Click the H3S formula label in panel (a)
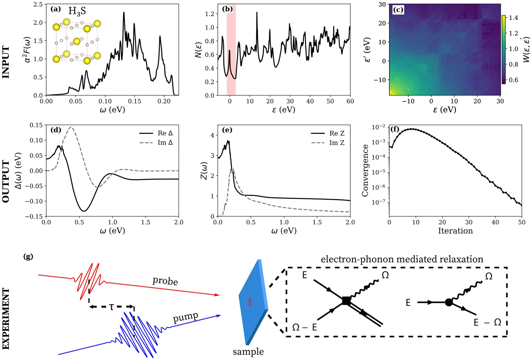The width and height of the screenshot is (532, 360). pyautogui.click(x=77, y=11)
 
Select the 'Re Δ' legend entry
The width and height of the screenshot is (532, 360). pyautogui.click(x=165, y=133)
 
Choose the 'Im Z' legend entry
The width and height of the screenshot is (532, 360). pyautogui.click(x=337, y=143)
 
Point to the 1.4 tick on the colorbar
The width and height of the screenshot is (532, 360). pyautogui.click(x=513, y=18)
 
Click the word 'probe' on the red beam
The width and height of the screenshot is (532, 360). pyautogui.click(x=165, y=281)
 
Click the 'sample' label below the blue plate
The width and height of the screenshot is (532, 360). pyautogui.click(x=248, y=352)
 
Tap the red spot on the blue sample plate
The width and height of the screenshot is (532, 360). pyautogui.click(x=250, y=302)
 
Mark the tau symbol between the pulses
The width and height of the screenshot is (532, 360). pyautogui.click(x=111, y=307)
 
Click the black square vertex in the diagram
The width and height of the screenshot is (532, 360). pyautogui.click(x=346, y=301)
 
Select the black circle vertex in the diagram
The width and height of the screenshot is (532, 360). pyautogui.click(x=448, y=302)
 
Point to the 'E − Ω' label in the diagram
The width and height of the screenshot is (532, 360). pyautogui.click(x=487, y=322)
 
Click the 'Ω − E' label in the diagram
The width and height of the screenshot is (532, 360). pyautogui.click(x=304, y=328)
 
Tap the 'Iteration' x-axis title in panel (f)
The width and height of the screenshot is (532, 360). pyautogui.click(x=455, y=231)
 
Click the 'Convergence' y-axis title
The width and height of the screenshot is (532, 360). pyautogui.click(x=365, y=170)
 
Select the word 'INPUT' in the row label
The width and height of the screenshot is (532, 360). pyautogui.click(x=6, y=62)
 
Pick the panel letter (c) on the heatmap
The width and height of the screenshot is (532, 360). pyautogui.click(x=398, y=10)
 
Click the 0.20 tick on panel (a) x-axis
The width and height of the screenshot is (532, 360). pyautogui.click(x=164, y=101)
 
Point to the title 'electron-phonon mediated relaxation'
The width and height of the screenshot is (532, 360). pyautogui.click(x=402, y=259)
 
